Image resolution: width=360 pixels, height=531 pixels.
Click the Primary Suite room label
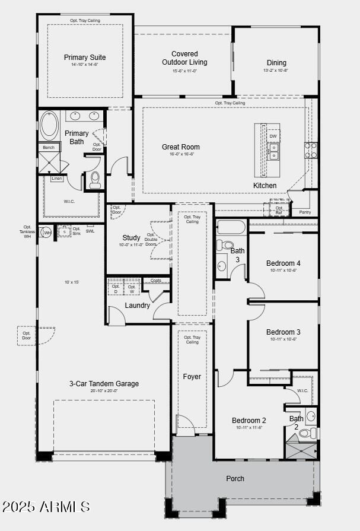coord(85,58)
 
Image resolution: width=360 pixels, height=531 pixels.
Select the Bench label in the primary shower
coord(47,147)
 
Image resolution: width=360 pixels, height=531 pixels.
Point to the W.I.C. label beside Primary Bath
coord(70,201)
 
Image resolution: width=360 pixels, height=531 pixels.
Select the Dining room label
coord(276,63)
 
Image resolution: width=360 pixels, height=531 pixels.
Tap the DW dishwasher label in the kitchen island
coord(273,136)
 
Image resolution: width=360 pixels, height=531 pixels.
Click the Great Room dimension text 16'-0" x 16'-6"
coord(181,154)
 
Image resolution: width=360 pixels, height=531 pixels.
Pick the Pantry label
coord(305,212)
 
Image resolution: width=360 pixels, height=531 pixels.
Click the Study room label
coord(131,238)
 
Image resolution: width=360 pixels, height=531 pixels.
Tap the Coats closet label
coord(155,281)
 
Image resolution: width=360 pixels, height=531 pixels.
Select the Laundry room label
coord(137,306)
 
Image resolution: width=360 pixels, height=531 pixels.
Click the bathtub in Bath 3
coord(231,228)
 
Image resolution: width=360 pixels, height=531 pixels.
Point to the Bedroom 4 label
coord(283,263)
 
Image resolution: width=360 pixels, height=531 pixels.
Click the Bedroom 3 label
coord(283,332)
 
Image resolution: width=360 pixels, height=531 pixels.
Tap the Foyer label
coord(192,377)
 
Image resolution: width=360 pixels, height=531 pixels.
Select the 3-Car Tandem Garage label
coord(104,384)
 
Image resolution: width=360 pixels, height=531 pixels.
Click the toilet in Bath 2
coord(306,433)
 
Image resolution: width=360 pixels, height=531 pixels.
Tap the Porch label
coord(235,478)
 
